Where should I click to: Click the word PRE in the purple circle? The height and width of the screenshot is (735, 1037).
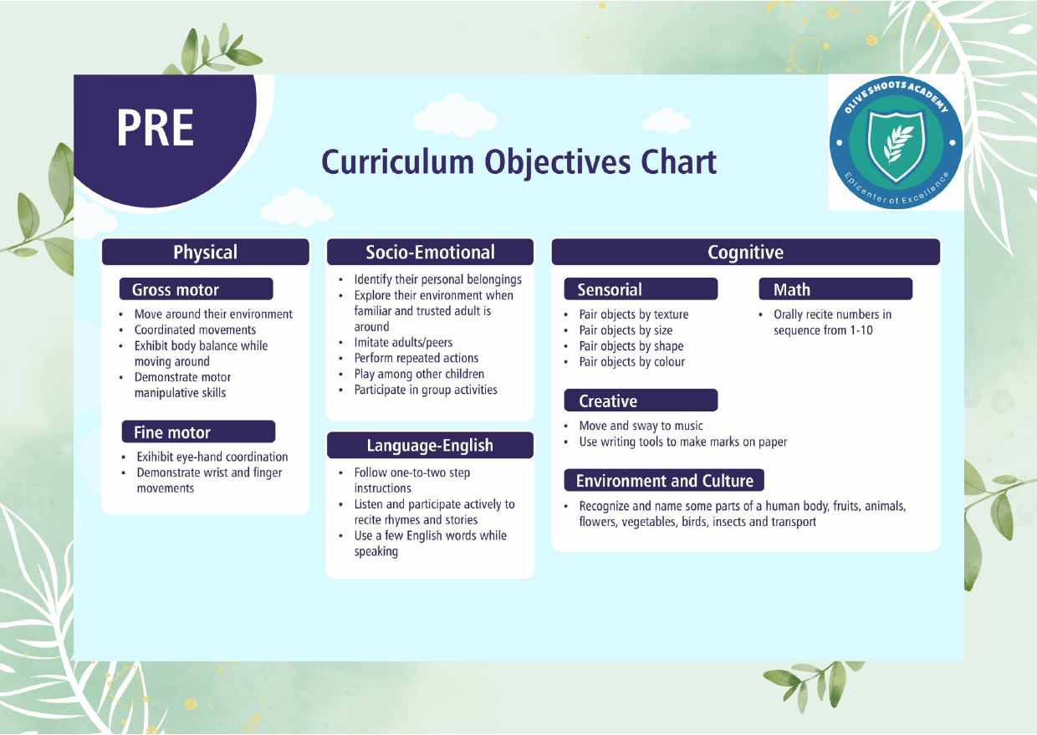[x=155, y=128]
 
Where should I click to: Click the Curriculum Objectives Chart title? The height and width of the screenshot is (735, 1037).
[x=519, y=163]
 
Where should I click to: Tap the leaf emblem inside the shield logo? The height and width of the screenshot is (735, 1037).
[x=897, y=145]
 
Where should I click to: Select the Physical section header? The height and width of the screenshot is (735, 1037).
[x=205, y=253]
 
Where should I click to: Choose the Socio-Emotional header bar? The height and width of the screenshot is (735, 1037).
[x=430, y=253]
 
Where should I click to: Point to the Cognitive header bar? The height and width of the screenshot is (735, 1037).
[x=745, y=253]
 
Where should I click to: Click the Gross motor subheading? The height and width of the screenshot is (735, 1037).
[x=197, y=289]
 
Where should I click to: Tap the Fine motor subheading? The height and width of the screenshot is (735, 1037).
[x=198, y=431]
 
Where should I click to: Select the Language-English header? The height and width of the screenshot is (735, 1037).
[x=430, y=445]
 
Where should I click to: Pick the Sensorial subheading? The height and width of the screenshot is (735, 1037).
[x=641, y=289]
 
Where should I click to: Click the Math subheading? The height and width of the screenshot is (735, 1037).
[x=835, y=289]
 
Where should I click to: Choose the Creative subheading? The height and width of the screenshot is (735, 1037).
[x=641, y=401]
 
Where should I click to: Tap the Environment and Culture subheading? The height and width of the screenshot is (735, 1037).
[x=664, y=481]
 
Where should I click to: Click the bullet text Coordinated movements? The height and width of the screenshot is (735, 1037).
[x=195, y=330]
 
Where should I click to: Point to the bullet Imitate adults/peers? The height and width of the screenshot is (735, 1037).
[x=403, y=343]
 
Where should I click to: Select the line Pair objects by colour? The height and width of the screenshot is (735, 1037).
[x=632, y=362]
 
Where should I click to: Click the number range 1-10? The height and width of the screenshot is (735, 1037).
[x=861, y=330]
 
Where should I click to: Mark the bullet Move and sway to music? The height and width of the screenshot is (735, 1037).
[x=641, y=426]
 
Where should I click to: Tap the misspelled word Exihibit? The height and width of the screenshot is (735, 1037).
[x=155, y=457]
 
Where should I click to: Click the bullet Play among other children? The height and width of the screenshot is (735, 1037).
[x=419, y=374]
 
